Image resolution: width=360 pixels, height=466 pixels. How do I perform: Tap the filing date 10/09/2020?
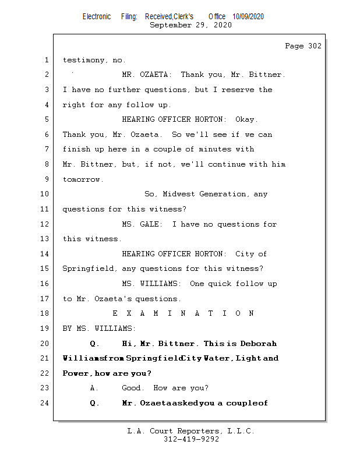pyautogui.click(x=248, y=17)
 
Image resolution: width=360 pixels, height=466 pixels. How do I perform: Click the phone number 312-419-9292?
pyautogui.click(x=191, y=440)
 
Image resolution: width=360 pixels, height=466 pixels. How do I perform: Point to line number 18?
pyautogui.click(x=46, y=313)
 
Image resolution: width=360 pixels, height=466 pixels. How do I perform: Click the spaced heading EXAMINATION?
pyautogui.click(x=183, y=313)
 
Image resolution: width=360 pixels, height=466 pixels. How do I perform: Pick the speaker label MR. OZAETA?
pyautogui.click(x=147, y=75)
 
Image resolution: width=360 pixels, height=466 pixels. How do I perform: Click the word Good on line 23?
pyautogui.click(x=132, y=388)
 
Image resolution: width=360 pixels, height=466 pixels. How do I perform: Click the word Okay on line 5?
pyautogui.click(x=246, y=119)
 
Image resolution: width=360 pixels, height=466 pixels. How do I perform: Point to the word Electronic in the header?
pyautogui.click(x=97, y=17)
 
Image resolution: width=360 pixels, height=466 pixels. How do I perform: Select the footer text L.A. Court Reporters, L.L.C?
pyautogui.click(x=191, y=432)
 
